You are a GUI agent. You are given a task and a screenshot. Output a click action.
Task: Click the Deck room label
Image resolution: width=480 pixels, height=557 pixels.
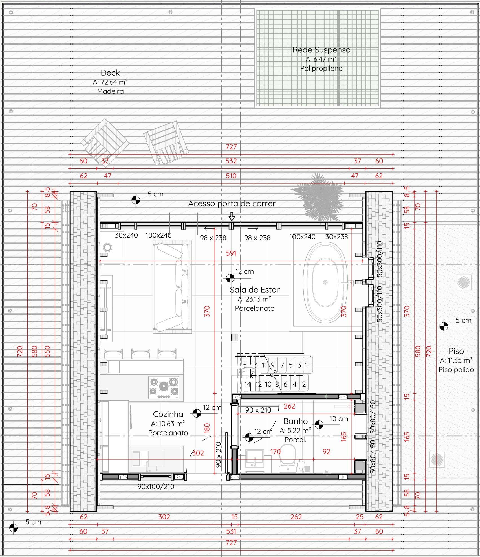[x=110, y=73]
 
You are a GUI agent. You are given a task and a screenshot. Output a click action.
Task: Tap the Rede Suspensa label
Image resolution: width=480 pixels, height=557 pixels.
[x=322, y=50]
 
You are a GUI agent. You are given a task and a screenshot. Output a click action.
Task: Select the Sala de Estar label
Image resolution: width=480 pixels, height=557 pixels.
[x=255, y=290]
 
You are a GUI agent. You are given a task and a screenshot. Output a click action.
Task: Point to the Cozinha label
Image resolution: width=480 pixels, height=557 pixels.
[x=168, y=414]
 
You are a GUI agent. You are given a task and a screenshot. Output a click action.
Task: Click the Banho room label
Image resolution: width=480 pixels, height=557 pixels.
[x=295, y=421]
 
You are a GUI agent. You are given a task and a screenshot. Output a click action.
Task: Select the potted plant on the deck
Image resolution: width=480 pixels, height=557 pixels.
[x=318, y=197]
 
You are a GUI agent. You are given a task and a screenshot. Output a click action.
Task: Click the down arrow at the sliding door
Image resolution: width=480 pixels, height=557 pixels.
[x=232, y=217]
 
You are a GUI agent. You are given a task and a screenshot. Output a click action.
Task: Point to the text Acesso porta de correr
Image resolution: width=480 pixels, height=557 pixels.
[x=232, y=203]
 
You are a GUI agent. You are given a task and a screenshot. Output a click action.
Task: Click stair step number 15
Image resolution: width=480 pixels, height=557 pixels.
[x=243, y=365]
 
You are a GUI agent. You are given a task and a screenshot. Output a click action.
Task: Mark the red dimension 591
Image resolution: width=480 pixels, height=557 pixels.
[x=231, y=253]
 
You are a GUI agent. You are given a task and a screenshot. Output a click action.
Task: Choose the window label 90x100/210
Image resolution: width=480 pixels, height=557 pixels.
[x=156, y=486]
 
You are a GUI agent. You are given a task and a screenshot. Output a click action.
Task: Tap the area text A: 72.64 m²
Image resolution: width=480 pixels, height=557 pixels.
[x=110, y=82]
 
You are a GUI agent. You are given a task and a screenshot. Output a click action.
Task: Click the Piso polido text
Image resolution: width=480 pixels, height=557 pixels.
[x=456, y=370]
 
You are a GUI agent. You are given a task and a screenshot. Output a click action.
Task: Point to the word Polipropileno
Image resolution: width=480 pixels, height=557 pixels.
[x=322, y=69]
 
